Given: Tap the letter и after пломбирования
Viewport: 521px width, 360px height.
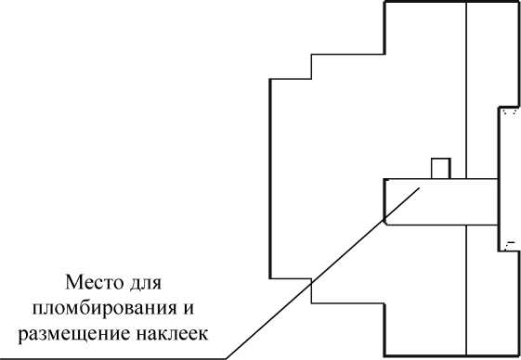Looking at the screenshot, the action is pos(198,305).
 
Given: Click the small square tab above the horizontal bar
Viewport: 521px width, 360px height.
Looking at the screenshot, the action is pos(441,168).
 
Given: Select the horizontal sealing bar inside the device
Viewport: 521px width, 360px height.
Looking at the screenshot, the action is pos(440,200).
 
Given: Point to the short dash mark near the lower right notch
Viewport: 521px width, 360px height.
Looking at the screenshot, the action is pos(509,244).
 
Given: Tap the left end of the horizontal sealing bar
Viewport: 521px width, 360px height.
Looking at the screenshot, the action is pos(384,200).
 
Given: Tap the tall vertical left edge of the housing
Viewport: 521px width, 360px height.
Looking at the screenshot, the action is pos(269,176).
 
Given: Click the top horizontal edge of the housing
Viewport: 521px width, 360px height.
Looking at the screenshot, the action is pos(451,3).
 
